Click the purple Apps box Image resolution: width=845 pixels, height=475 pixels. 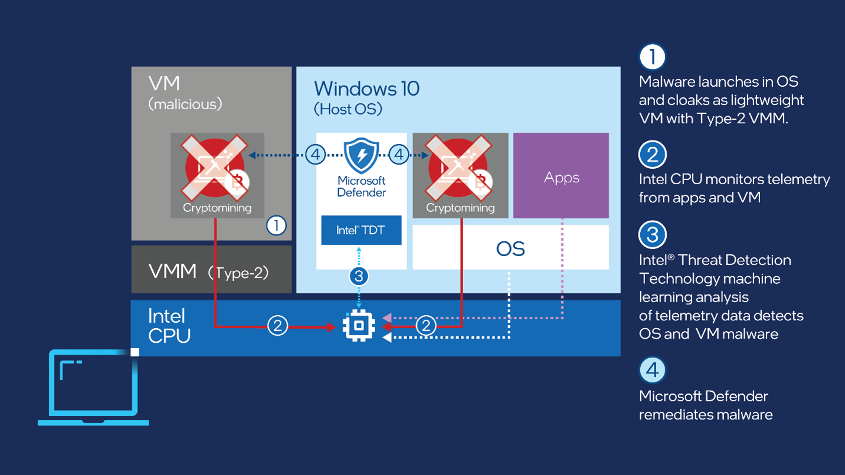(x=561, y=176)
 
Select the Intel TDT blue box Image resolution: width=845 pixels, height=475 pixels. (x=361, y=230)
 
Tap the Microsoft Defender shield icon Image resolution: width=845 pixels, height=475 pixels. (x=361, y=155)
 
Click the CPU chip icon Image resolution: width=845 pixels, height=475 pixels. (x=359, y=325)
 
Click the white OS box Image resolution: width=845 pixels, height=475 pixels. (x=510, y=248)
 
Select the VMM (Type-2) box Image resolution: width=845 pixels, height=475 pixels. (x=211, y=271)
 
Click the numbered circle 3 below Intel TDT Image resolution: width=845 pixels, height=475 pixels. (x=359, y=276)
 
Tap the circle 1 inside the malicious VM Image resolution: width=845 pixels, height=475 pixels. (x=276, y=225)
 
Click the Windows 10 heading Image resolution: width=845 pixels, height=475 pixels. (x=366, y=89)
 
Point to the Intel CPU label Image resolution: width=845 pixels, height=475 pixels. (x=169, y=326)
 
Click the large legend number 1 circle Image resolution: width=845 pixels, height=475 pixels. (x=652, y=57)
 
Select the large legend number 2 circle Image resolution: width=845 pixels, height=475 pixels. (x=652, y=155)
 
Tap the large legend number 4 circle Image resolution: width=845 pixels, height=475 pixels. (x=652, y=370)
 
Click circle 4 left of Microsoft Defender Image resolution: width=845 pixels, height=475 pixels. (x=316, y=155)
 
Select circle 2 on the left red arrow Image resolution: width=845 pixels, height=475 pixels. (x=278, y=325)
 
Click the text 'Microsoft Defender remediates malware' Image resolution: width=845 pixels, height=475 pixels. (x=705, y=405)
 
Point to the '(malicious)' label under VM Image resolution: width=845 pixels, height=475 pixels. (x=185, y=104)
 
